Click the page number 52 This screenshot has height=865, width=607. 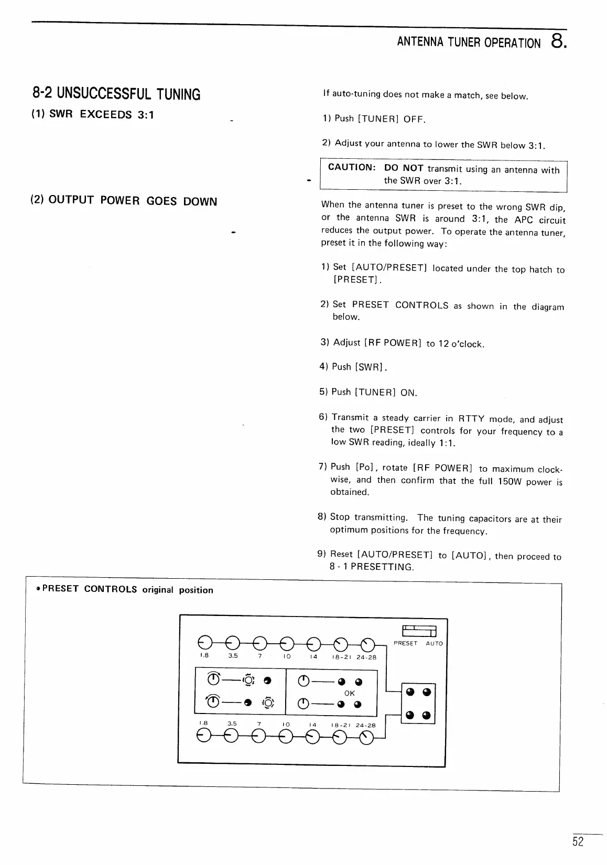578,842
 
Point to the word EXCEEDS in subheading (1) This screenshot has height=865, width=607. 105,114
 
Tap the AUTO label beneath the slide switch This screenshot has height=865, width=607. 434,643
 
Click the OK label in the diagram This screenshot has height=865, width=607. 350,693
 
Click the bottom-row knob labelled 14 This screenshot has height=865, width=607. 313,737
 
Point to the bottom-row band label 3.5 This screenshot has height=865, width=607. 232,723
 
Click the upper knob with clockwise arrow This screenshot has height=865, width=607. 213,680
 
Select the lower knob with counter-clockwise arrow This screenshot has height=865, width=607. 213,701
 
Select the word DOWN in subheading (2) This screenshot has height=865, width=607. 200,202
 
